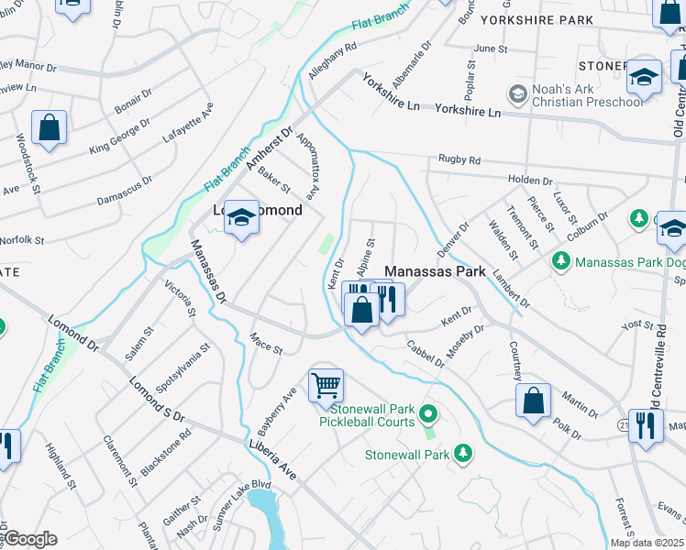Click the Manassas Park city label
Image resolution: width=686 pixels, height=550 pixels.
pos(434,272)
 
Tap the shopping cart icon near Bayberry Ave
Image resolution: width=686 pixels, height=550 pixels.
pos(326,385)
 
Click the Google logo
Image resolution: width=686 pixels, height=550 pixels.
pos(29,539)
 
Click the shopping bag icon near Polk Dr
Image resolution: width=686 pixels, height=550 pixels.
pos(533,401)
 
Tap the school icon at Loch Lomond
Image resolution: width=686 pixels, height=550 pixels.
pos(241,217)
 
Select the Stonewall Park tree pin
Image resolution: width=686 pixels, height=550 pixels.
pos(463,453)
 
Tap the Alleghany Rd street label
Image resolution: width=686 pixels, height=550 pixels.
pos(332,60)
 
